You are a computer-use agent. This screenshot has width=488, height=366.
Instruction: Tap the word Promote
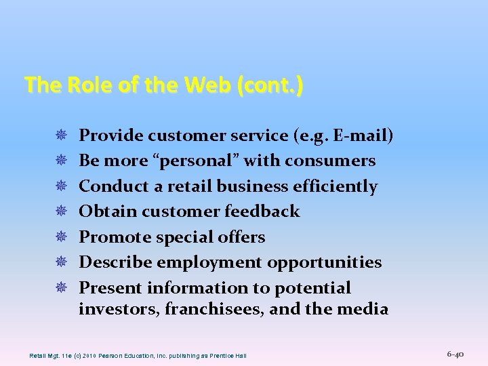(115, 237)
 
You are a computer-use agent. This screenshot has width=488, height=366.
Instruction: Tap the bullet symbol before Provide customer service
(62, 136)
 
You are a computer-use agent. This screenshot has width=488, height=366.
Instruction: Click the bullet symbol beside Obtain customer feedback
(62, 212)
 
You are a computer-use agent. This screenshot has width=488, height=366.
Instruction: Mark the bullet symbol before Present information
(62, 288)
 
